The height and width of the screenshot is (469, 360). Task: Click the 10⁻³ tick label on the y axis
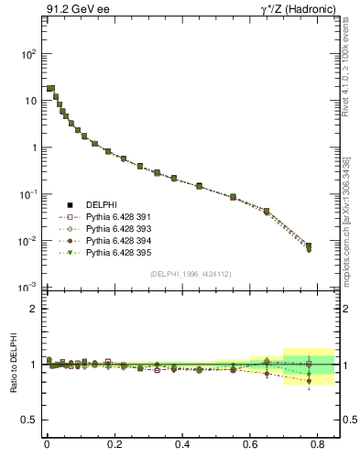tap(27, 288)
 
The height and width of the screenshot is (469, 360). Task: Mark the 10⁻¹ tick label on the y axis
tap(27, 194)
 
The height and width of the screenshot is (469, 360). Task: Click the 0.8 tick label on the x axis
tap(318, 447)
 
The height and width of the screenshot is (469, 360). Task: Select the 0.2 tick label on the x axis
tap(115, 447)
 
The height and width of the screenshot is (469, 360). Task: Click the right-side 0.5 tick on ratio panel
tap(347, 420)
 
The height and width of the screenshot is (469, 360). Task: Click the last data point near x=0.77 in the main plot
tap(309, 246)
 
